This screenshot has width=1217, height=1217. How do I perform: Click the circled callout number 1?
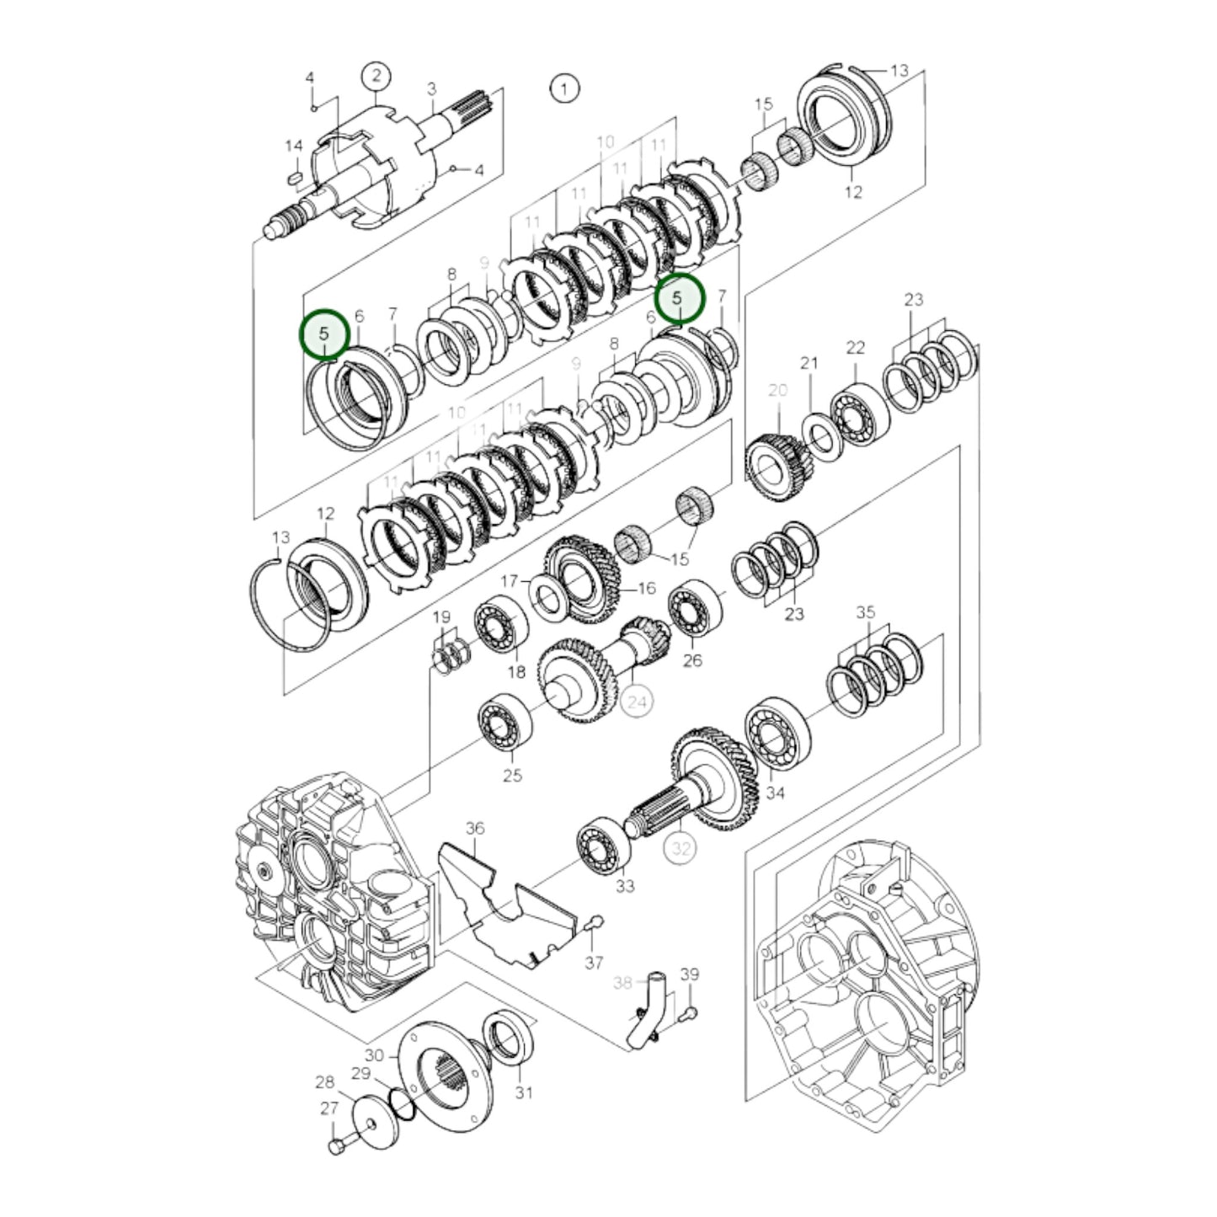564,88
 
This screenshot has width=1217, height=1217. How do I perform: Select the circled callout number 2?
376,77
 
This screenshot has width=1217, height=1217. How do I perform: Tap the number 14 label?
293,147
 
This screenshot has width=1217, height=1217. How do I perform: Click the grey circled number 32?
681,849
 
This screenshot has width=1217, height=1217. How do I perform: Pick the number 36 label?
475,829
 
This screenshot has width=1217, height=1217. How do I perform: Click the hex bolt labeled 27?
337,1147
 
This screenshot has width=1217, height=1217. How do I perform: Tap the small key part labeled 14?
294,178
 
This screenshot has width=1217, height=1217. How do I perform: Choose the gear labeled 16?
581,579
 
